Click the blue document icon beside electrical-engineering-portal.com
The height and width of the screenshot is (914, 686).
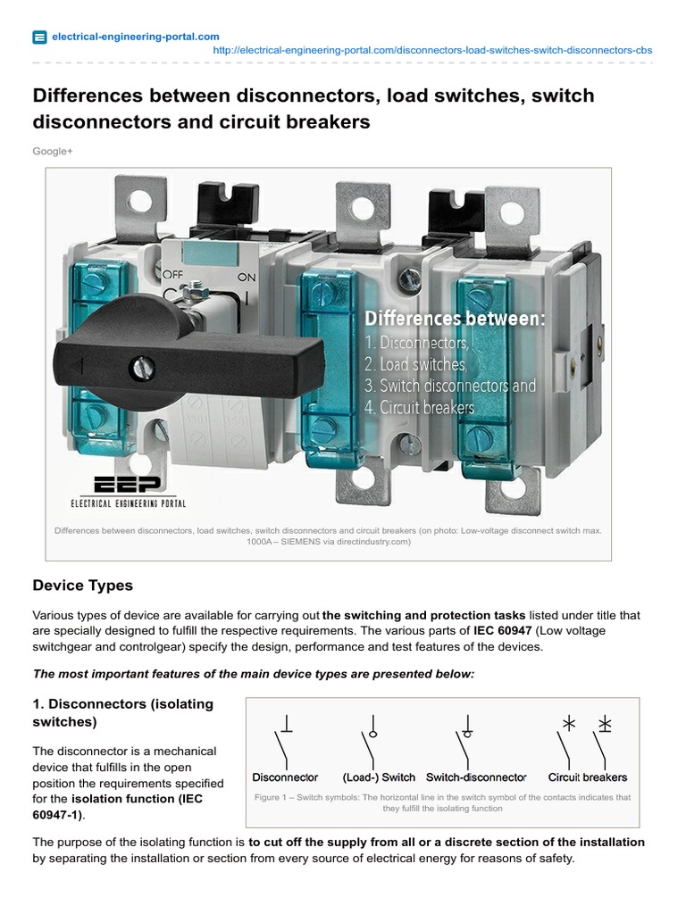coord(39,37)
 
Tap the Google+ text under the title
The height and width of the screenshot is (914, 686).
coord(53,152)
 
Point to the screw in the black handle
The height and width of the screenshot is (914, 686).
coord(140,365)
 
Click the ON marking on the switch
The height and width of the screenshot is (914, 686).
coord(246,278)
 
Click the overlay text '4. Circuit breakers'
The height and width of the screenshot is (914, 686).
coord(419,408)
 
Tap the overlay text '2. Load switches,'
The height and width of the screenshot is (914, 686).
coord(415,364)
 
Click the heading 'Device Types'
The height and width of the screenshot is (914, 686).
coord(83,586)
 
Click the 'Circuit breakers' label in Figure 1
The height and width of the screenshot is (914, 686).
coord(588,777)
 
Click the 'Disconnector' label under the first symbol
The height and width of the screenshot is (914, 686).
coord(285,777)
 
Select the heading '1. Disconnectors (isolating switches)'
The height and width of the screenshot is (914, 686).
coord(123,711)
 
